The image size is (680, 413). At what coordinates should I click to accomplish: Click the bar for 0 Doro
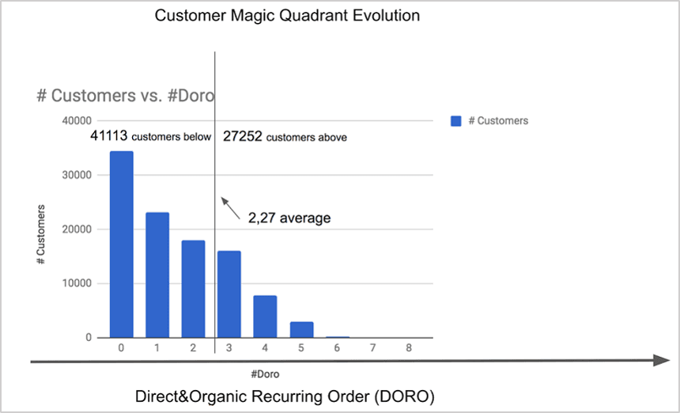coord(121,244)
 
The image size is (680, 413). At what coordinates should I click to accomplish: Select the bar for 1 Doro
coord(157,275)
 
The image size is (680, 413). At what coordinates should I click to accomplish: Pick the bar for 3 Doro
coord(229,294)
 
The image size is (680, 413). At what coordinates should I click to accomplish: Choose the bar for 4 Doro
coord(265,316)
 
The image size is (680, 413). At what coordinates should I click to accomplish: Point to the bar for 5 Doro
coord(301,329)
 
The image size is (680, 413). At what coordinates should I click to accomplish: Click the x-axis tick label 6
coord(338,347)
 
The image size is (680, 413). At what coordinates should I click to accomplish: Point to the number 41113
coord(109,137)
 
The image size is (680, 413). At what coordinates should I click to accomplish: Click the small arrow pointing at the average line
coord(231,206)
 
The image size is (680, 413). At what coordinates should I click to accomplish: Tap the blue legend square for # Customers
coord(455,121)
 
